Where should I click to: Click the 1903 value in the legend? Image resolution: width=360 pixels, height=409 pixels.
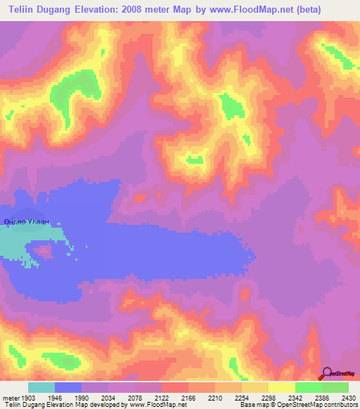click(x=28, y=396)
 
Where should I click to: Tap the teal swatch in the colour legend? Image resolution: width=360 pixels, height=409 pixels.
click(x=41, y=387)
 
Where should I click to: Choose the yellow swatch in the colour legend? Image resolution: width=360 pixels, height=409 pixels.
click(x=281, y=387)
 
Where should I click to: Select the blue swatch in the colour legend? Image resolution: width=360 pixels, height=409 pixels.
click(x=68, y=387)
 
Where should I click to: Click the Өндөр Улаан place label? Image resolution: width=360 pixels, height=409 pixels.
click(x=27, y=222)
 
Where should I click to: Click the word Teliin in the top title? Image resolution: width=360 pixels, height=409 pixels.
click(x=22, y=10)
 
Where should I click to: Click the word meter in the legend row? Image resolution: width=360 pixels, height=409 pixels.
click(x=10, y=396)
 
